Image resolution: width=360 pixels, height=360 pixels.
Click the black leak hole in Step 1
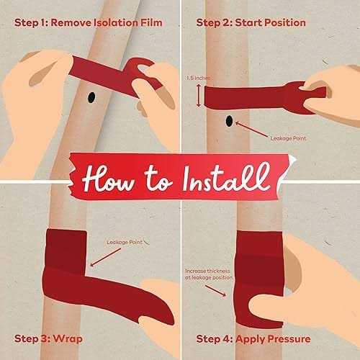coord(91,97)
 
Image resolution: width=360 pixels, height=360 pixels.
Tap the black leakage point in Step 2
coord(229,121)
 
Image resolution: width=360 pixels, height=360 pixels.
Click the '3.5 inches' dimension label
coord(198,78)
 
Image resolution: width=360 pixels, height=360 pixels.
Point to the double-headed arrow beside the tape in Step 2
coord(199,96)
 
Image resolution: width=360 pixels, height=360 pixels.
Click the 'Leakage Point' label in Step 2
coord(288,138)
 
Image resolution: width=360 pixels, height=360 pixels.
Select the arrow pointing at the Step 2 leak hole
coord(251,130)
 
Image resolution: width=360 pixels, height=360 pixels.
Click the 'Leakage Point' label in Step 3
coord(125,243)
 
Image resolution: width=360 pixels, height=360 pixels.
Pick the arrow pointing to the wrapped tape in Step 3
coord(105,257)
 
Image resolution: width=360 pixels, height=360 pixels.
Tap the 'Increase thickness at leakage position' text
coord(209,274)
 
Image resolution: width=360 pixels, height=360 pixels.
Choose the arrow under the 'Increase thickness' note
coord(215,291)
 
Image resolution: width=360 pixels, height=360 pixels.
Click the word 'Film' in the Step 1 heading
coord(152,23)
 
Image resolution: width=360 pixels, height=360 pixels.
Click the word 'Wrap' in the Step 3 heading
coord(68,339)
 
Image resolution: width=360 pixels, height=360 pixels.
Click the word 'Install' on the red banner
coord(225,178)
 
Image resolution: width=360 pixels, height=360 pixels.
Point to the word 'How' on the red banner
coord(108,179)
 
